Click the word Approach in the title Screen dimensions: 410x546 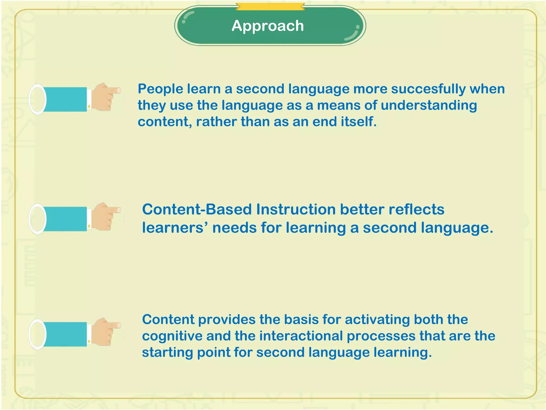point(268,26)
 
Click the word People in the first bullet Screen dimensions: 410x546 point(160,89)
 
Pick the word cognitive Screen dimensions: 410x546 point(172,336)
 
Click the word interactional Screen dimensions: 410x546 point(301,336)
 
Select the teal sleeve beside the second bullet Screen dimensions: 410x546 point(65,219)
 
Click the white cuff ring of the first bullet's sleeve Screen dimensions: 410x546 point(37,99)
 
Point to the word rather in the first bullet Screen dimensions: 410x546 point(216,122)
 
